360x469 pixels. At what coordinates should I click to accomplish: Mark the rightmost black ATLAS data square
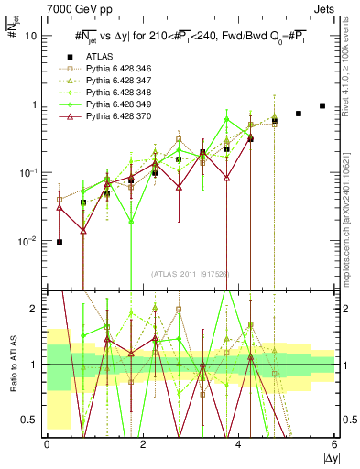pyautogui.click(x=322, y=105)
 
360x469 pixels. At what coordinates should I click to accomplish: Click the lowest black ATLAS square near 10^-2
pyautogui.click(x=60, y=242)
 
